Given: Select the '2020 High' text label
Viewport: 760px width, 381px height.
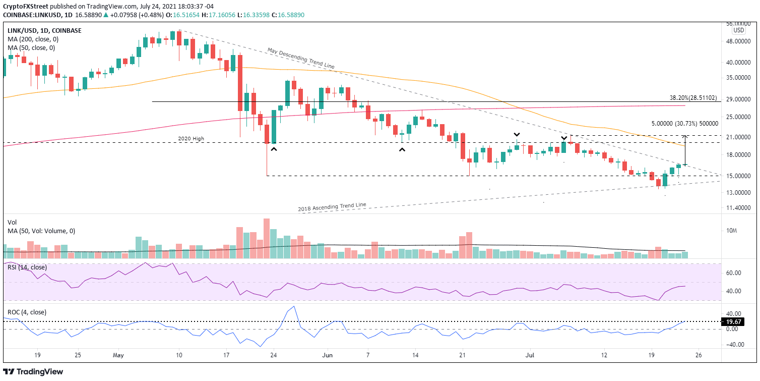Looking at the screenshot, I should pos(191,138).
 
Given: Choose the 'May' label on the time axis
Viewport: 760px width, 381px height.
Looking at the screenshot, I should pos(118,355).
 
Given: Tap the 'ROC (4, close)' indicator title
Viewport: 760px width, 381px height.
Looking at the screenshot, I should pos(27,312).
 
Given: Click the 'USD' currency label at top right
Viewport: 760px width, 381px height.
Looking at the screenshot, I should pos(738,30).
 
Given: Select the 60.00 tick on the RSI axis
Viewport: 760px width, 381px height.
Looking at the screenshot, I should pos(734,273).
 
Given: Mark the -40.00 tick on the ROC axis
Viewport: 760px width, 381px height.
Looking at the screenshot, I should pos(733,345).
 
